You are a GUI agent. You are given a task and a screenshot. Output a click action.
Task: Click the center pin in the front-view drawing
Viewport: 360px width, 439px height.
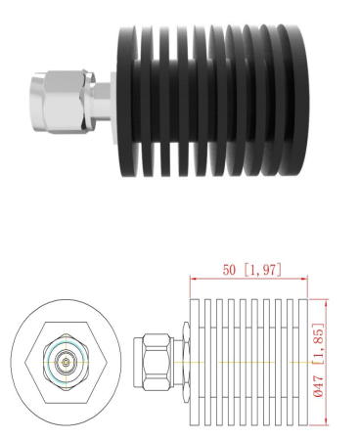66,362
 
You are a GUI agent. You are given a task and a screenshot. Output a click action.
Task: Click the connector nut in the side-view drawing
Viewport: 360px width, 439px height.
153,361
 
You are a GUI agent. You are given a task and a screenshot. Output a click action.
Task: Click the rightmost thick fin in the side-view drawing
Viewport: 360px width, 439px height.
301,362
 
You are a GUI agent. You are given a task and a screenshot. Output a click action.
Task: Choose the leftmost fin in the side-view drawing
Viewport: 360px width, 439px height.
194,362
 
